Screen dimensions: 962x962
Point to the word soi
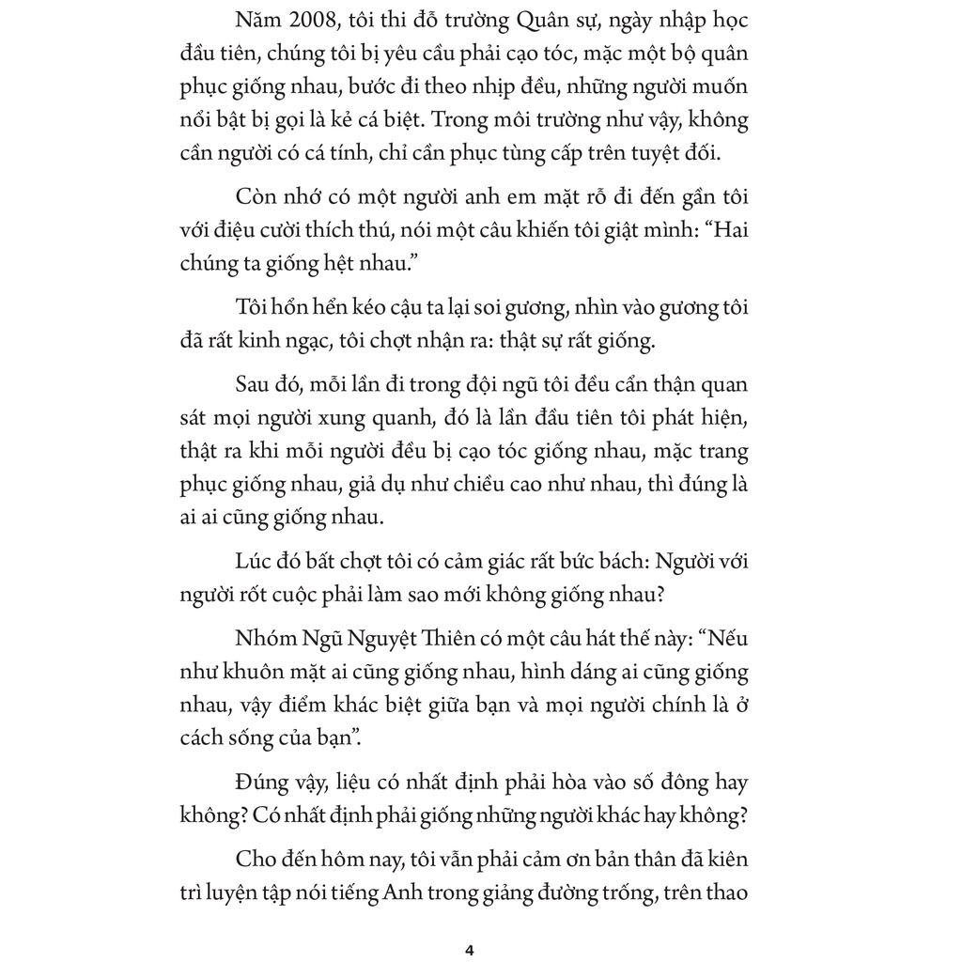(x=515, y=306)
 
